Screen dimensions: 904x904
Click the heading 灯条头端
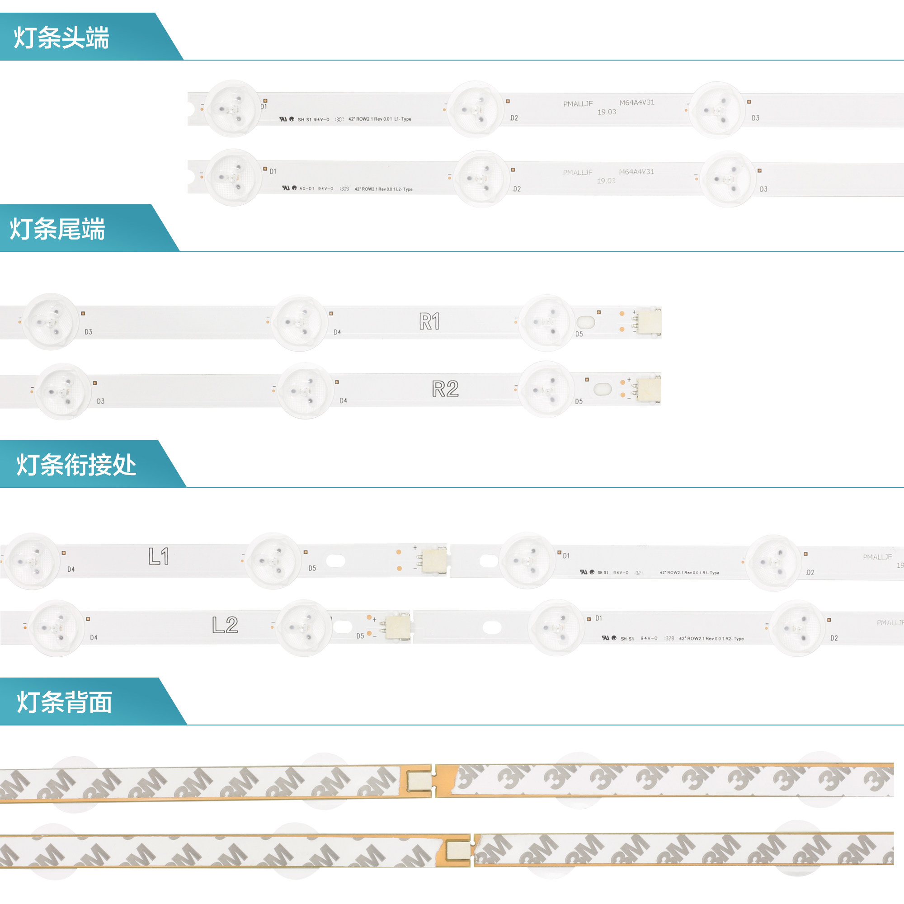tap(61, 38)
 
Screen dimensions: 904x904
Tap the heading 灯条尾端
tap(57, 229)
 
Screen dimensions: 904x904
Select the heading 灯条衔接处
tap(76, 465)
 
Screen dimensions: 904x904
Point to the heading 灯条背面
tap(65, 702)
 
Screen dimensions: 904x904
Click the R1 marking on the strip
tap(429, 321)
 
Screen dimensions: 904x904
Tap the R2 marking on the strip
tap(445, 389)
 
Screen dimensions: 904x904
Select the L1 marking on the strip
tap(159, 556)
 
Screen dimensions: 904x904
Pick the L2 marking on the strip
tap(225, 625)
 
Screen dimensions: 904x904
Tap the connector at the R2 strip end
tap(649, 389)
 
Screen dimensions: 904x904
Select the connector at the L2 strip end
tap(398, 626)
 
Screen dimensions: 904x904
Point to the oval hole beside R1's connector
tap(586, 322)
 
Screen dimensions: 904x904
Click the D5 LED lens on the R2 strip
tap(546, 389)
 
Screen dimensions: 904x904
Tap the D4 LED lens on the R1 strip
tap(300, 323)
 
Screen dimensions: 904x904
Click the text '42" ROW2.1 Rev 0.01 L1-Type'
tap(380, 119)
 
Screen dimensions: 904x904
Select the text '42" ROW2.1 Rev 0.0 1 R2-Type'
tap(711, 639)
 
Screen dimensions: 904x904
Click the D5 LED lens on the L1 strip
tap(273, 560)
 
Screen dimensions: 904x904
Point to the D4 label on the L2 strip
tap(94, 638)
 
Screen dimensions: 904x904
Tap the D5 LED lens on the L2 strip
tap(304, 627)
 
